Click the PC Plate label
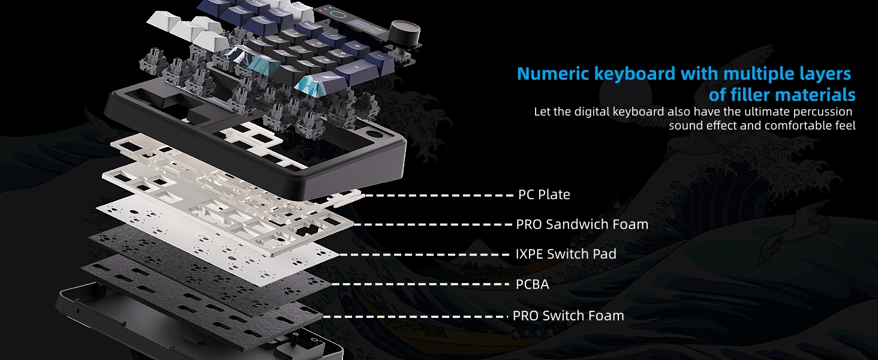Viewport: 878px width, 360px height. (544, 195)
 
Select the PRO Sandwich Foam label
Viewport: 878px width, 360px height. (582, 224)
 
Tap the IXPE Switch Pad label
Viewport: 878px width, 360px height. (566, 254)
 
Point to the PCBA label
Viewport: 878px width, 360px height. (532, 284)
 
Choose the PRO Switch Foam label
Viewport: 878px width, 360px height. (568, 316)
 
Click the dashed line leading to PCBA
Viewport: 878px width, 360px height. (420, 284)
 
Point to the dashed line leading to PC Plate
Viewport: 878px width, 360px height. (438, 195)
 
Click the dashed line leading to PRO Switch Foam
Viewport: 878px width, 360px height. (414, 316)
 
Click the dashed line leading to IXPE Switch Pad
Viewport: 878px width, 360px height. (426, 254)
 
